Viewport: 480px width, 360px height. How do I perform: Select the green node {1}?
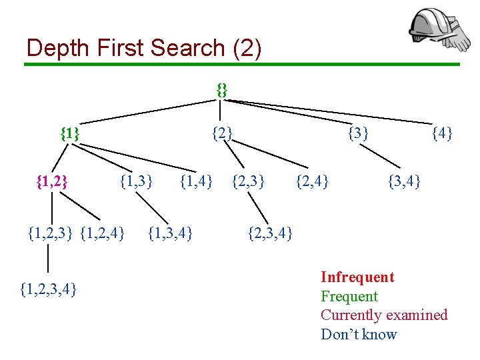click(70, 133)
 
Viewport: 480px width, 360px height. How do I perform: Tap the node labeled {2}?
click(222, 133)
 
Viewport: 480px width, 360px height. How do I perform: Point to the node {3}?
click(359, 133)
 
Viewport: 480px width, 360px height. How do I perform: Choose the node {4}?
click(442, 133)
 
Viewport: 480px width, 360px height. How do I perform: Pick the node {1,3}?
click(136, 180)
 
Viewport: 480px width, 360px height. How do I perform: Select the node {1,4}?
click(197, 180)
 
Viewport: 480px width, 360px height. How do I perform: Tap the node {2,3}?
click(247, 180)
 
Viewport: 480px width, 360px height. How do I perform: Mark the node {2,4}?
click(311, 180)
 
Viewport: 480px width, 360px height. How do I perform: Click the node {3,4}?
click(404, 180)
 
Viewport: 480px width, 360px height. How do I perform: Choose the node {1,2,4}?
click(102, 233)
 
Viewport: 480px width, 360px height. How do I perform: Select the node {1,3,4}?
click(170, 233)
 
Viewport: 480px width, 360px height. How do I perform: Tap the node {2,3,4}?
click(269, 233)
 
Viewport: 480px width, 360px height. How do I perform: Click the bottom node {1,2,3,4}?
click(48, 289)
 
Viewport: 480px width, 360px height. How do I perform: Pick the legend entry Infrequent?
click(357, 277)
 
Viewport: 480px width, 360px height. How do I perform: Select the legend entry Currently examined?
click(384, 315)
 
